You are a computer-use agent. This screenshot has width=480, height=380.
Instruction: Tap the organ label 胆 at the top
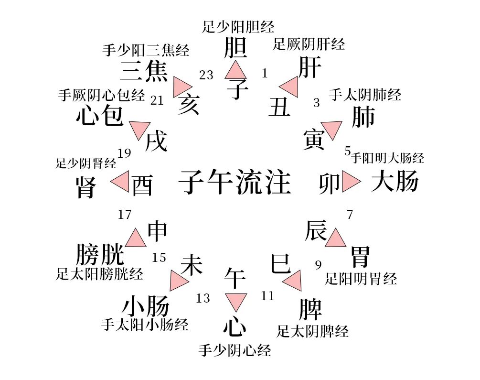235,48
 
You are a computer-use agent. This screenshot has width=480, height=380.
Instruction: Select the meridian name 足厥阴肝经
309,45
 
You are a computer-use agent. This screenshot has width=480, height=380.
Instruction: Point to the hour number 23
206,75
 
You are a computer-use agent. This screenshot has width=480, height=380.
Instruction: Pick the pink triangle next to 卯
350,182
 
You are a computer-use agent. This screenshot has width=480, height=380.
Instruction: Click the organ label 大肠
395,182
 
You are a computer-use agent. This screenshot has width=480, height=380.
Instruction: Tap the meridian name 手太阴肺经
365,95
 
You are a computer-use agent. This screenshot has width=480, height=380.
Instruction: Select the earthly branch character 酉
142,185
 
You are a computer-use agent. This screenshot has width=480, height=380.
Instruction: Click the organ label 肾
86,187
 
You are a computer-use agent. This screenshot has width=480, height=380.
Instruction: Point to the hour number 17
125,215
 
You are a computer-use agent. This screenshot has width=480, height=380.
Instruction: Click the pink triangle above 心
235,302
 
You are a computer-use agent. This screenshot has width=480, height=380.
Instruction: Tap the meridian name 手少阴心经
235,351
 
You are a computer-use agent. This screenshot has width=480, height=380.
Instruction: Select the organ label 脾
310,309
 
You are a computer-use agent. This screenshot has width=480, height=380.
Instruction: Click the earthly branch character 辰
316,231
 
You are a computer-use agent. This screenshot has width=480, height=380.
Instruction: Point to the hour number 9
318,264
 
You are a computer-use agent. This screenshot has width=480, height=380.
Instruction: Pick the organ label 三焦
144,71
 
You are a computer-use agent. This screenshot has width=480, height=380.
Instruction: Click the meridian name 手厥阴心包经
101,95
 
